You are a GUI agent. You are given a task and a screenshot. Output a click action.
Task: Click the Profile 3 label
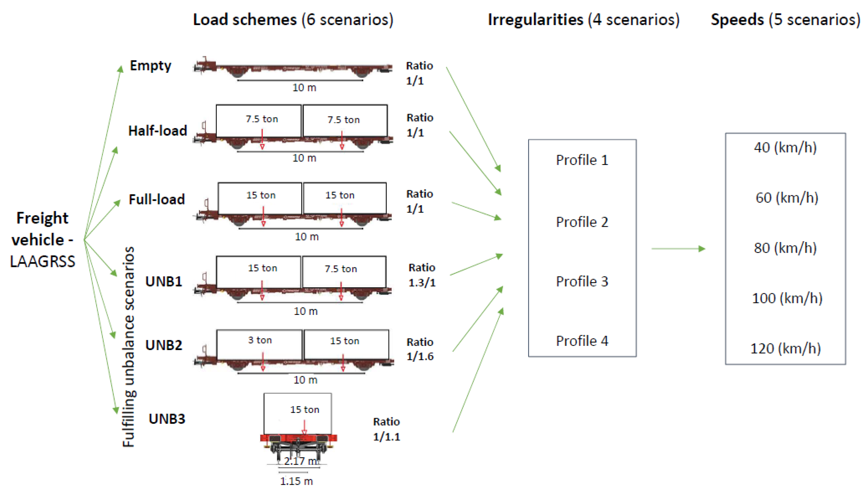pos(582,281)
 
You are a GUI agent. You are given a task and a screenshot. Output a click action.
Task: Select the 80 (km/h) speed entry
pos(785,248)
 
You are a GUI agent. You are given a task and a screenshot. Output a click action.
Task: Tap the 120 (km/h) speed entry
pos(785,348)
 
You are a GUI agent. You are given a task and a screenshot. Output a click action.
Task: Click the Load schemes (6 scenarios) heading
pos(293,19)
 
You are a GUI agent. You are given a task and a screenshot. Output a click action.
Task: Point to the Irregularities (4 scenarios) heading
pos(583,19)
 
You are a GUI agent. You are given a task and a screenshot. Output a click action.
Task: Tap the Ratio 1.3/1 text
pos(422,275)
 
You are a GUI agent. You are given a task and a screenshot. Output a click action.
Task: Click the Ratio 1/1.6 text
pos(420,349)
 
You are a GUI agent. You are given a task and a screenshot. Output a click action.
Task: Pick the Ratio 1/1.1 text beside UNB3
pos(386,429)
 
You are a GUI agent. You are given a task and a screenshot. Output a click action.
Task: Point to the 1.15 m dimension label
pos(296,481)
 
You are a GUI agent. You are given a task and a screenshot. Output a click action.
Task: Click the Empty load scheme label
pos(150,66)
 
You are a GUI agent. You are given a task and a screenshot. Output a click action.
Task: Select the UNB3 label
pos(167,419)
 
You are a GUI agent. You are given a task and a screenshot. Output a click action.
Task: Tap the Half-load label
pos(157,131)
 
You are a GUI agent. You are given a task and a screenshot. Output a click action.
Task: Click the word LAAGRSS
pos(42,261)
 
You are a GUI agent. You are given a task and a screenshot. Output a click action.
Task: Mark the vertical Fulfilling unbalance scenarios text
pos(129,347)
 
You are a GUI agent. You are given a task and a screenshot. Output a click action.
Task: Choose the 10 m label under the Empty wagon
pos(304,88)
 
